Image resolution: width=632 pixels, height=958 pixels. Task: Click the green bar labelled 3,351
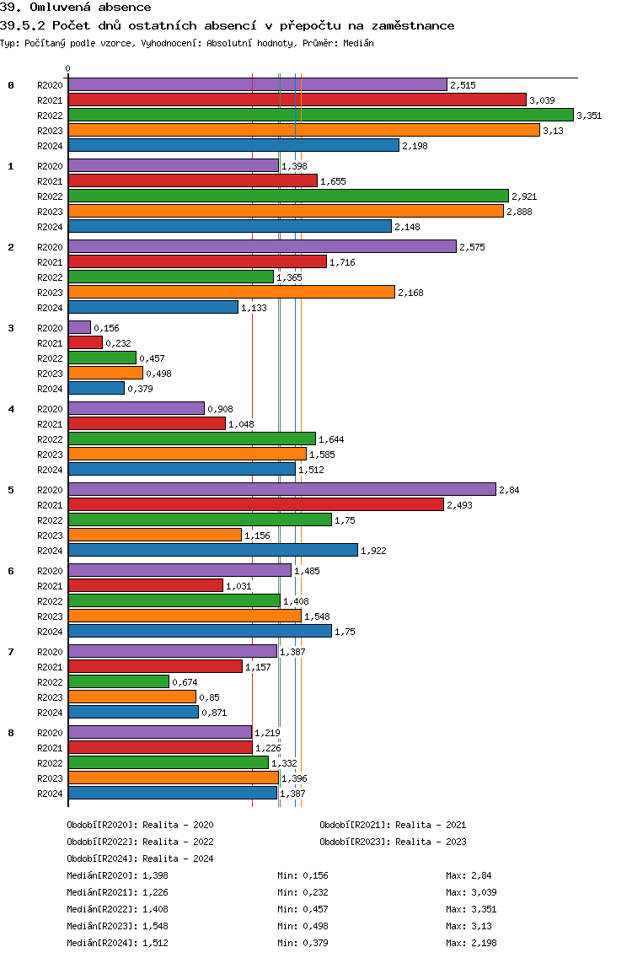(x=320, y=115)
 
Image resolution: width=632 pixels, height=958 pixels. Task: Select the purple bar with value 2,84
(x=281, y=489)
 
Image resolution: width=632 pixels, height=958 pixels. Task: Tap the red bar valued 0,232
(x=85, y=342)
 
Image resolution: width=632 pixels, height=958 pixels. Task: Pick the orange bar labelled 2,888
(x=286, y=211)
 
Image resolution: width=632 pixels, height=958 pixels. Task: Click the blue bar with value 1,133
(x=153, y=307)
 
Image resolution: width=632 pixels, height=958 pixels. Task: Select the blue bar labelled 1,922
(x=213, y=550)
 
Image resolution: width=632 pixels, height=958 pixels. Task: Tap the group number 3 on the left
(x=11, y=328)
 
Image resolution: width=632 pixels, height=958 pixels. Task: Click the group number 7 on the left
(x=11, y=652)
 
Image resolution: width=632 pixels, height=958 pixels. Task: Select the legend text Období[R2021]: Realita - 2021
(x=393, y=825)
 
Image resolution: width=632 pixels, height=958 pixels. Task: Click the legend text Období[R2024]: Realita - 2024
(x=140, y=858)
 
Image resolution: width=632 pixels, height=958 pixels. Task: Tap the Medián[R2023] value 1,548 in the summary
(x=156, y=926)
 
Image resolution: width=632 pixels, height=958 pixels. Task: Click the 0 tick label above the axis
(x=68, y=69)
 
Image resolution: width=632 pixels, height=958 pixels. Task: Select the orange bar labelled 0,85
(x=132, y=697)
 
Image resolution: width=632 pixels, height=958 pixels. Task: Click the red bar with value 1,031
(x=146, y=585)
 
